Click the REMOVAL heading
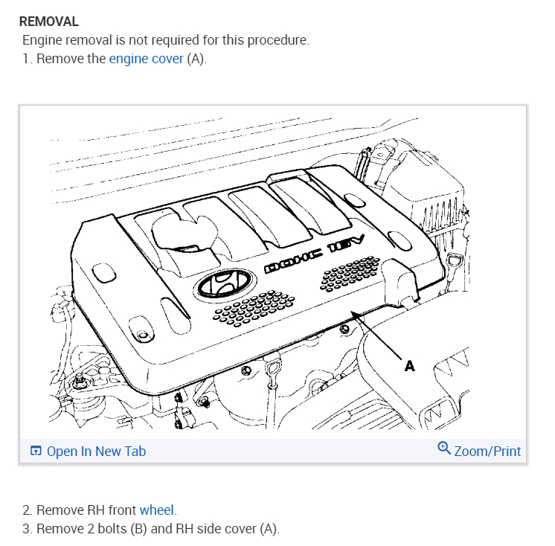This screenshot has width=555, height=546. (48, 22)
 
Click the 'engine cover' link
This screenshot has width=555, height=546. (146, 58)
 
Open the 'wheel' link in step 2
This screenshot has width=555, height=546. (156, 510)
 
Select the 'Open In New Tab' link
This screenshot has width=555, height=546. (96, 452)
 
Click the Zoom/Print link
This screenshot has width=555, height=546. (487, 451)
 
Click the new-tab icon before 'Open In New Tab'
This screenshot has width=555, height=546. (36, 452)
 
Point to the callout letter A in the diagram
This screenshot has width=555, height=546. (409, 365)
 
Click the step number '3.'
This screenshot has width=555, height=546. (28, 530)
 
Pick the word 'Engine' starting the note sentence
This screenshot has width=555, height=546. (42, 40)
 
